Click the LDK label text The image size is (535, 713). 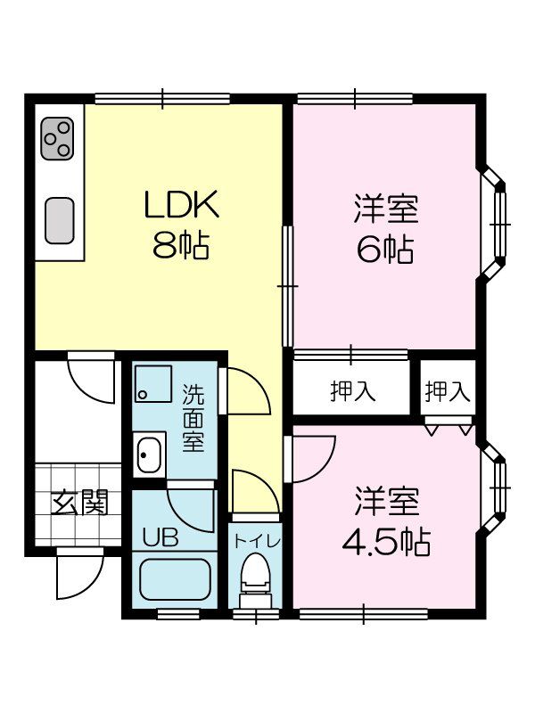(181, 206)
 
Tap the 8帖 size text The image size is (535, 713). (181, 244)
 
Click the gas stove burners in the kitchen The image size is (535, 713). (56, 137)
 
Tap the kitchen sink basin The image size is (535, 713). (59, 219)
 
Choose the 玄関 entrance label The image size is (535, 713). (78, 504)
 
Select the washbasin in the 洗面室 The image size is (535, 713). (148, 455)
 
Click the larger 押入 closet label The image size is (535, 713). (351, 390)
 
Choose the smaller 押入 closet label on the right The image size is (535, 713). (447, 390)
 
